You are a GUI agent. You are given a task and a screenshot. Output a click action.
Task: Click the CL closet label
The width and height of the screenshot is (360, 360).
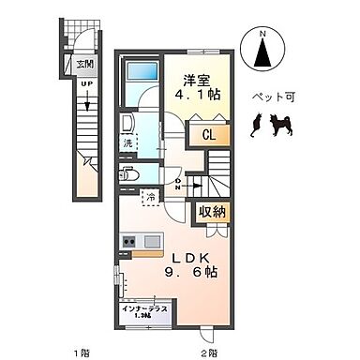(208, 134)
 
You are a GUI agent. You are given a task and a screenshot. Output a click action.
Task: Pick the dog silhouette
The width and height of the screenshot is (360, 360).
(280, 124)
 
